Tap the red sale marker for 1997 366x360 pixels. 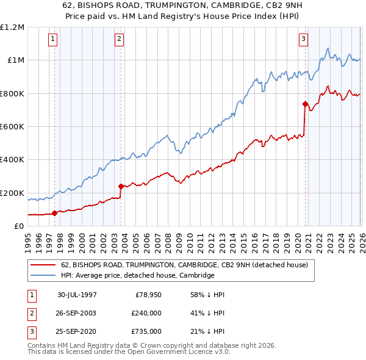pos(55,213)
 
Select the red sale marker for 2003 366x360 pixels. pos(121,186)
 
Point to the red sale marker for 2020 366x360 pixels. pos(304,104)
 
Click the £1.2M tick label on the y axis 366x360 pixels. pos(12,27)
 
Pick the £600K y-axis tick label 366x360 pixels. pos(12,127)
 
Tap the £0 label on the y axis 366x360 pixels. pos(18,226)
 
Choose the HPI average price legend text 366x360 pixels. pos(137,275)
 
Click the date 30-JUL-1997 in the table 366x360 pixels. pos(77,295)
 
